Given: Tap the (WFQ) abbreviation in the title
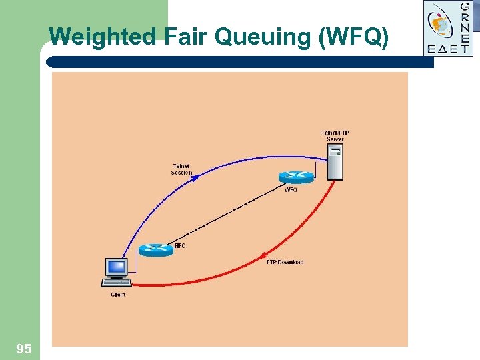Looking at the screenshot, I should point(354,37).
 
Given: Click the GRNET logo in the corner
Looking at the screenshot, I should point(449,27).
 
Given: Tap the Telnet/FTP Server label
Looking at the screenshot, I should point(335,136).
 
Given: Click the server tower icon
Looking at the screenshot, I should point(335,164).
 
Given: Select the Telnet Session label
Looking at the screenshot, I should point(181,169).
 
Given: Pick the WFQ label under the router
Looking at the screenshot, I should point(291,190).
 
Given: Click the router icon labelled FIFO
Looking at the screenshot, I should point(156,250).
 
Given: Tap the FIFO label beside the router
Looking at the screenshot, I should point(179,246).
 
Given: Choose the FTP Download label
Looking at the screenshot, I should point(285,262).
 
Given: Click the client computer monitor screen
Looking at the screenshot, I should point(117,267).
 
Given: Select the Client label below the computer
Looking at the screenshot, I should point(118,295).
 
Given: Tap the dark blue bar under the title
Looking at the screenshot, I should point(240,61).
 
